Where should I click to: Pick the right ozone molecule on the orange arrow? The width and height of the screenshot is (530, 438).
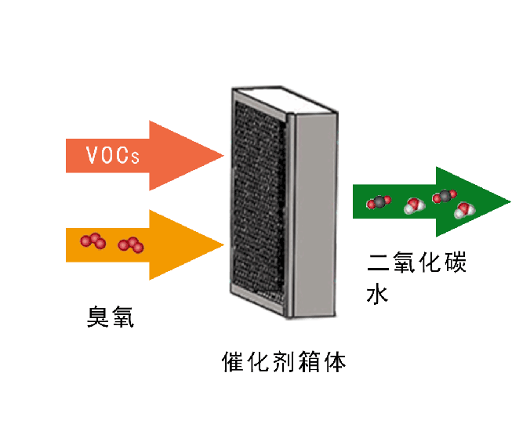[131, 245]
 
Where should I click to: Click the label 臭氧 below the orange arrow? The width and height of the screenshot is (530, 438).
[109, 317]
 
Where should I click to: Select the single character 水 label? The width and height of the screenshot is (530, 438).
[379, 295]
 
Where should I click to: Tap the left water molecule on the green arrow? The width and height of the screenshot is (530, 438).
[412, 206]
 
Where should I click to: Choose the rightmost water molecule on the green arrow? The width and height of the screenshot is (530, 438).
[463, 209]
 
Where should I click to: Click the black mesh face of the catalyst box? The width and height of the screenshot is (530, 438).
[259, 204]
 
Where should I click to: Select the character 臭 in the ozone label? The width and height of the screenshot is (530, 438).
[96, 317]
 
